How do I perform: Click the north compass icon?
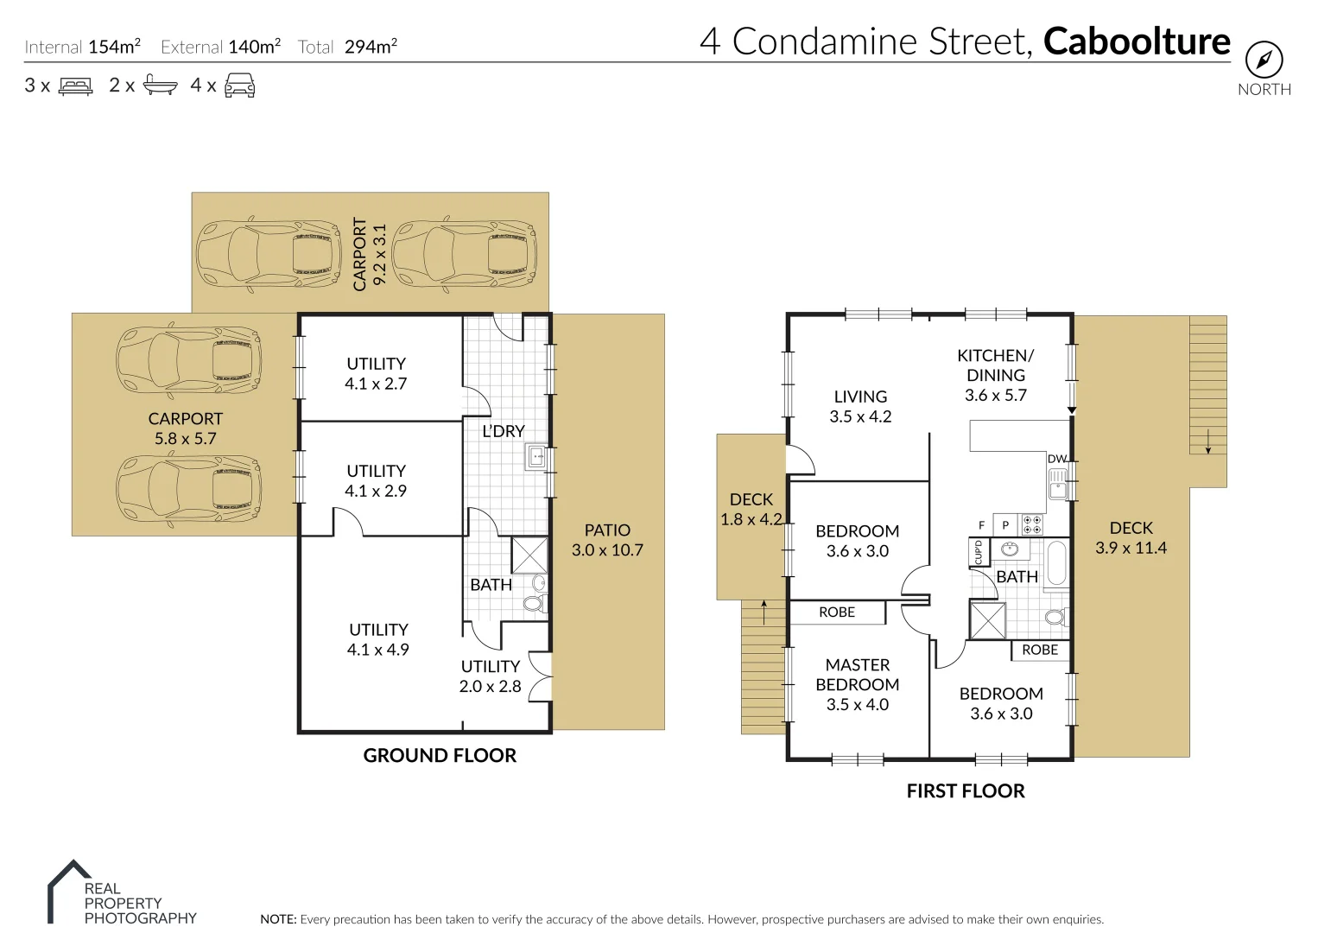click(1264, 60)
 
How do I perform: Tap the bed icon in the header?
click(75, 86)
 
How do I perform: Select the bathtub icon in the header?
click(161, 85)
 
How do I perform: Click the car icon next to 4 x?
click(239, 85)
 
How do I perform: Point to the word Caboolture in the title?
click(1137, 41)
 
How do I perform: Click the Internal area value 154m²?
click(114, 47)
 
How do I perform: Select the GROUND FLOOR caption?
click(440, 756)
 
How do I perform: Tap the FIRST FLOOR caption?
click(966, 791)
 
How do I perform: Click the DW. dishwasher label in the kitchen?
click(1057, 459)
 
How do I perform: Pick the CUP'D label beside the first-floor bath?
click(978, 551)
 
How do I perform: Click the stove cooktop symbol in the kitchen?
click(1032, 524)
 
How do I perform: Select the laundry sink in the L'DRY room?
click(535, 458)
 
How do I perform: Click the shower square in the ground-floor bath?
click(529, 555)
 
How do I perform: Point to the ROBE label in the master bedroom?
click(836, 612)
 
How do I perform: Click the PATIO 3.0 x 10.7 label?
click(607, 540)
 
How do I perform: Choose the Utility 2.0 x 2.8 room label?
click(490, 676)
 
